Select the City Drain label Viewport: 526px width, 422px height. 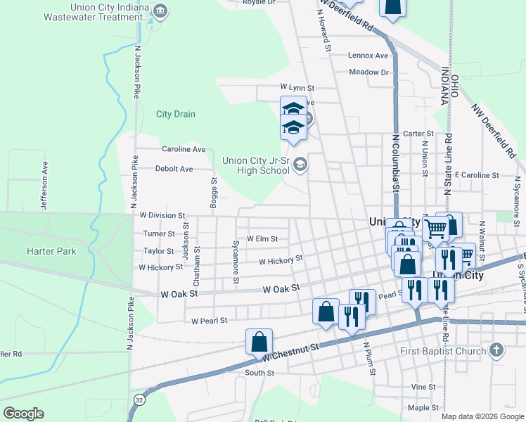pyautogui.click(x=176, y=114)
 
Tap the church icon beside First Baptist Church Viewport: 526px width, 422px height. pyautogui.click(x=496, y=350)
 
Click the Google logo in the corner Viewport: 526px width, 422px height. pyautogui.click(x=23, y=414)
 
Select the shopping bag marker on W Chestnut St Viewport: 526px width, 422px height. pyautogui.click(x=259, y=343)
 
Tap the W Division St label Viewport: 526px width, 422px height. pyautogui.click(x=162, y=215)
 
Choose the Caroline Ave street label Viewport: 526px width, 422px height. pyautogui.click(x=184, y=149)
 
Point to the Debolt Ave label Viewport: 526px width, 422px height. pyautogui.click(x=174, y=169)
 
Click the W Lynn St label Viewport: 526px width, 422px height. pyautogui.click(x=297, y=88)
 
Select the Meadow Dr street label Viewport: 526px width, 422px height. pyautogui.click(x=368, y=72)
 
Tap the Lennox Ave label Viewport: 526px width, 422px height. pyautogui.click(x=368, y=55)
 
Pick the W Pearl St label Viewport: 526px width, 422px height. pyautogui.click(x=210, y=321)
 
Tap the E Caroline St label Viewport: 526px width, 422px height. pyautogui.click(x=476, y=174)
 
